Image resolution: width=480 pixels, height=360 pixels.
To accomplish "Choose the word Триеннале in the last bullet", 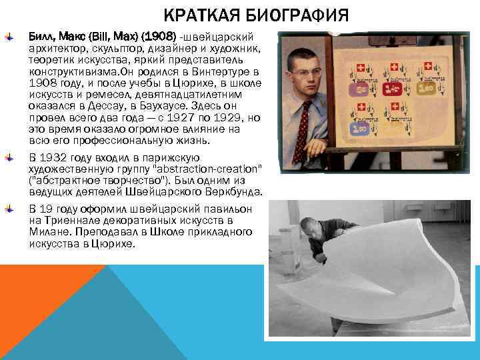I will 67,220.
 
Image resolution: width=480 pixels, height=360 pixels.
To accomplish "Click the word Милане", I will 47,232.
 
